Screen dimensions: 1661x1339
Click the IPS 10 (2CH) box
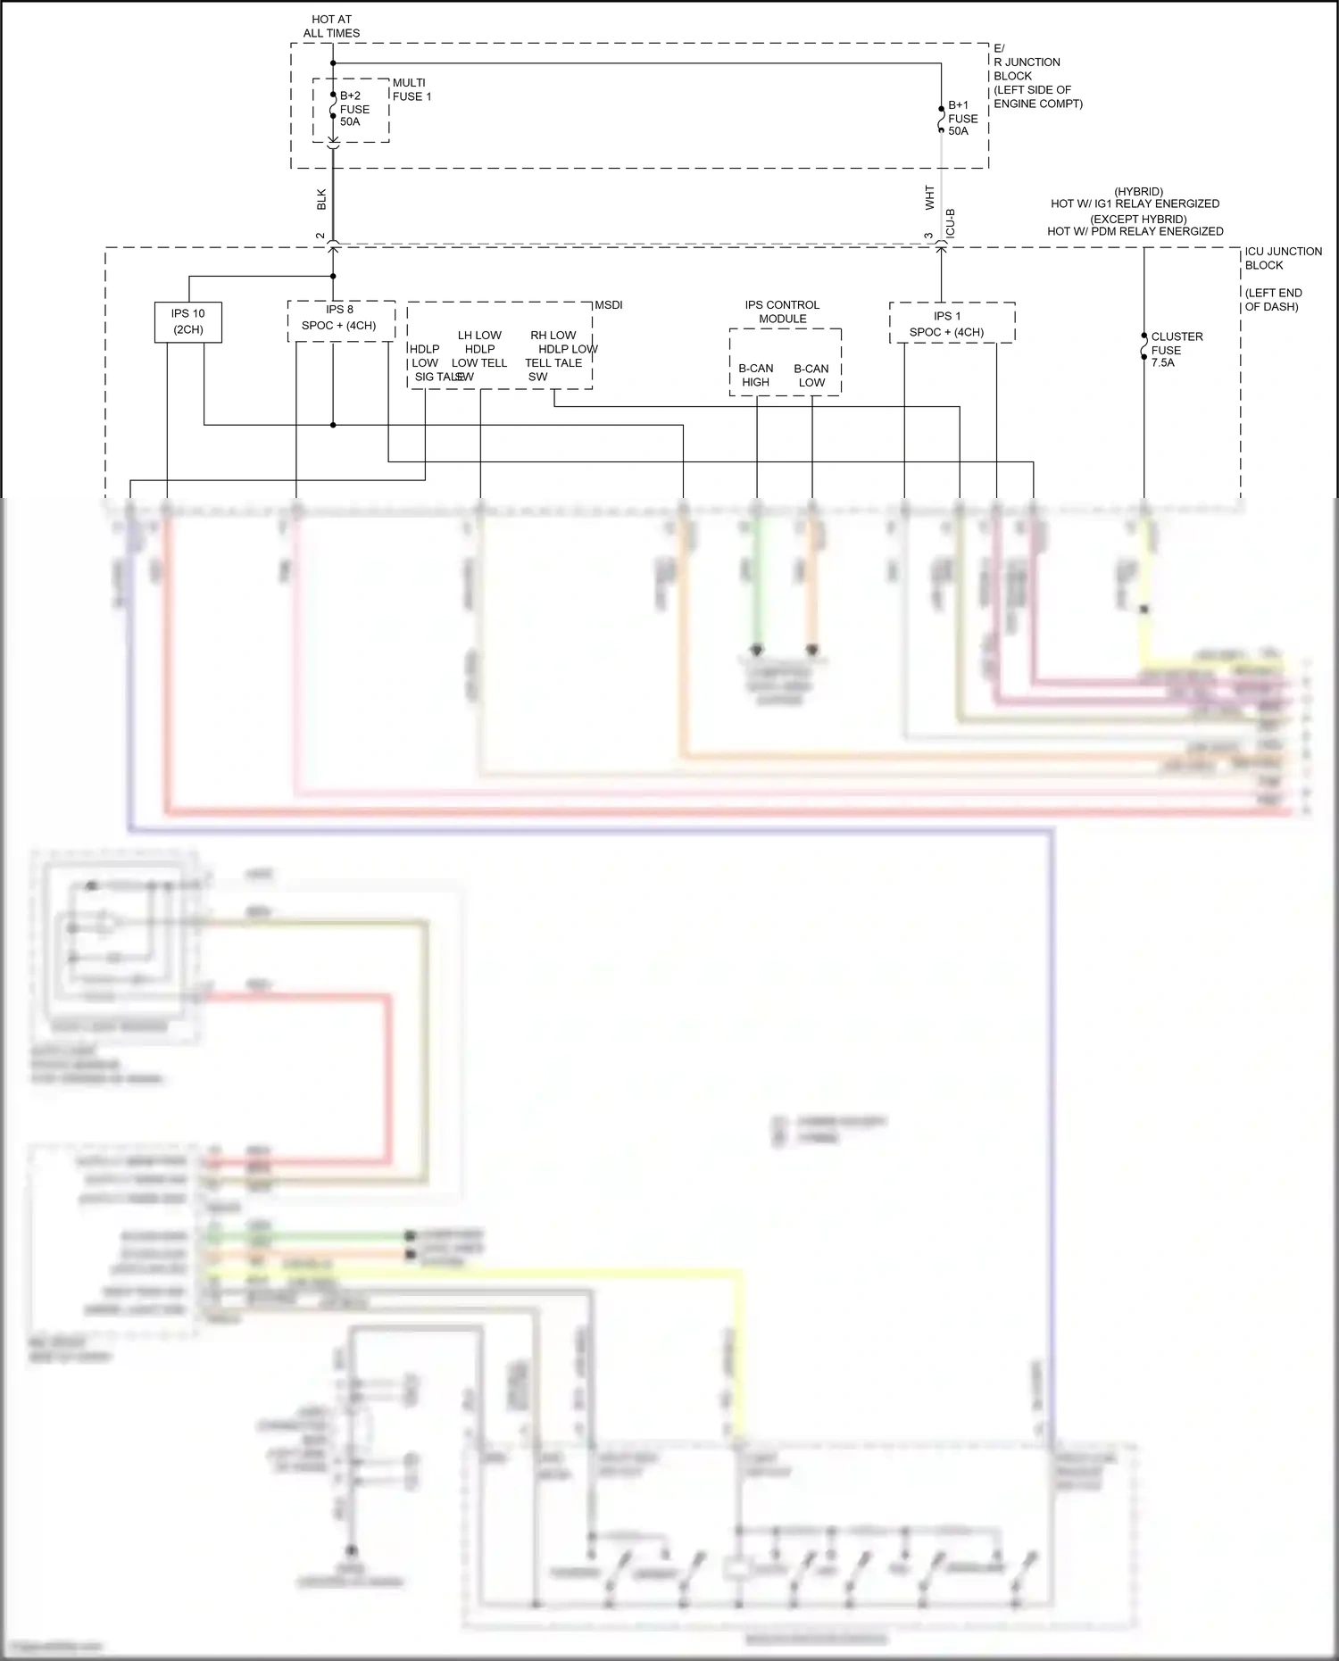(187, 321)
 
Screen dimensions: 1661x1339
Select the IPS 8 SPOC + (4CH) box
(340, 319)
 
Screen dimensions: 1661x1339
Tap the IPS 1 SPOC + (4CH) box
(949, 324)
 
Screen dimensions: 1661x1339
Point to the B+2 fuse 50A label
(354, 109)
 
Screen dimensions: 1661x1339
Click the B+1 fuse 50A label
(962, 118)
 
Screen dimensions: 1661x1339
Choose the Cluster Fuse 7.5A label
(1176, 349)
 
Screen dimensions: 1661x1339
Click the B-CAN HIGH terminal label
(756, 375)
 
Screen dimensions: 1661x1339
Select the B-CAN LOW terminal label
(811, 375)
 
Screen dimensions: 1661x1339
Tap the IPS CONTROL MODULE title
(782, 311)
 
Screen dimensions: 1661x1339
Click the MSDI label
(609, 305)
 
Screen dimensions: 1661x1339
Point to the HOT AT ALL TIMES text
(331, 26)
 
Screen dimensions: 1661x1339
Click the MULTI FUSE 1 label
(412, 89)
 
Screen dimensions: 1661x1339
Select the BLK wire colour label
(321, 199)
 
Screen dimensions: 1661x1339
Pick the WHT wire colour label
(929, 198)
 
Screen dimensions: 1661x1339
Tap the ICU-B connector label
(951, 223)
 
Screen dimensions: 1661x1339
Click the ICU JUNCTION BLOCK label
(1283, 258)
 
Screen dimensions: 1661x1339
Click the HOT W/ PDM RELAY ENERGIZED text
(1135, 231)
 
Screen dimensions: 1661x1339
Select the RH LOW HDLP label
(553, 342)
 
